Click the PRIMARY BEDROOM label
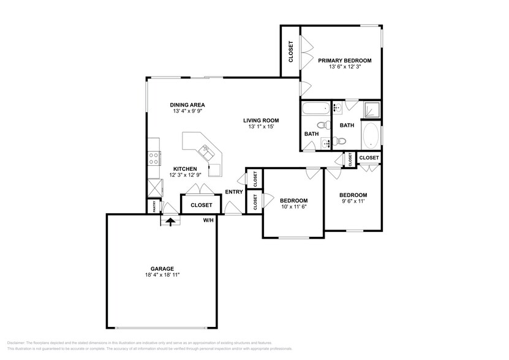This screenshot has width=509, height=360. pos(344,60)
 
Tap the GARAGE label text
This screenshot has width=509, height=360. pos(162,268)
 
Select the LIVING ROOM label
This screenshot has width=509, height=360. pos(261,120)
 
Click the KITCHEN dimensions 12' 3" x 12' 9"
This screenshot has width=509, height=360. pos(184,175)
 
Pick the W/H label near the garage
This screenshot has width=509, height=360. pos(208,220)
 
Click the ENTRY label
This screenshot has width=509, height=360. pos(234,192)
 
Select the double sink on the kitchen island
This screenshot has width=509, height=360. pos(204,149)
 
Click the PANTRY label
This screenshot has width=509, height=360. pos(154,206)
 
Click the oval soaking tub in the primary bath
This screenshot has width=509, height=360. pos(371,136)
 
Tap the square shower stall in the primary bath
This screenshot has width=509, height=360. pos(371,110)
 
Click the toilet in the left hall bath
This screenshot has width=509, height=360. pos(330,125)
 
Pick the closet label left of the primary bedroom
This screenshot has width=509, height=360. pos(291,51)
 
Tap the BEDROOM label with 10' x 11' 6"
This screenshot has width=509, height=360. pos(293,201)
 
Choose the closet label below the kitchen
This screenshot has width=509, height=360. pos(202,205)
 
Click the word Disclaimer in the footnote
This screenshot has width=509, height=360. pos(18,343)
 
